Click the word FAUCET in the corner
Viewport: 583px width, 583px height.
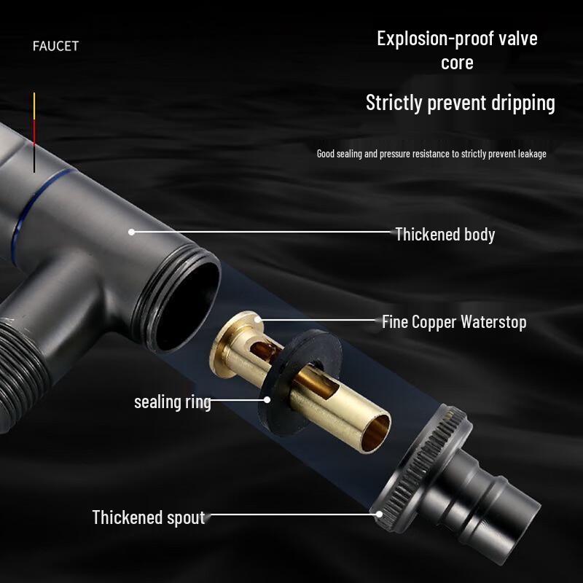[x=55, y=46]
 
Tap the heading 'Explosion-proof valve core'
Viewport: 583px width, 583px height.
[x=457, y=50]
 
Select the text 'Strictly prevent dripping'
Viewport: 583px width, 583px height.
[x=460, y=103]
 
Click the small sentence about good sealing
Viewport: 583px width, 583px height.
[x=431, y=154]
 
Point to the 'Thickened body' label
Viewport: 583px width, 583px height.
[x=445, y=235]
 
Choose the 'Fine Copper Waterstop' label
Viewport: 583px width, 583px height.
[x=453, y=322]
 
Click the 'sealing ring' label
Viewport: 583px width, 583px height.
[x=172, y=402]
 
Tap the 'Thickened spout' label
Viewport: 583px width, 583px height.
[x=148, y=518]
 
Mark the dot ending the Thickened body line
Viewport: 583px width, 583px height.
[x=132, y=232]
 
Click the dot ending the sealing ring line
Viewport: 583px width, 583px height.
[x=267, y=399]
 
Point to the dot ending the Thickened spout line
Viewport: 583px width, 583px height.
[x=380, y=513]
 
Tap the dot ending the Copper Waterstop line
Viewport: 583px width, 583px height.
[x=256, y=318]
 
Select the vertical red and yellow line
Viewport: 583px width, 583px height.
[x=34, y=131]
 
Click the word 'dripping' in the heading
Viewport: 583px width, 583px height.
[x=520, y=103]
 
